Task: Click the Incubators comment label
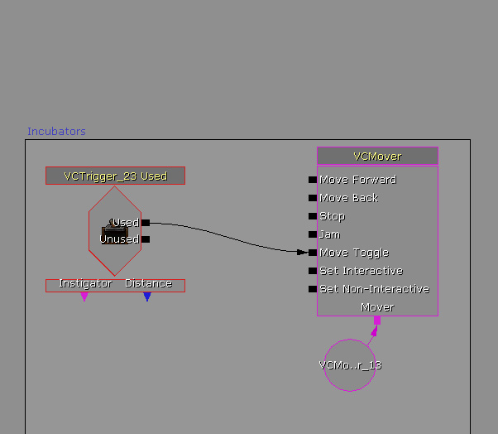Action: click(56, 132)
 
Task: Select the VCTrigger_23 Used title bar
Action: click(115, 176)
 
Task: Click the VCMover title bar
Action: click(377, 156)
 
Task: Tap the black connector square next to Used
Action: click(146, 222)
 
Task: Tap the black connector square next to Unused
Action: click(146, 239)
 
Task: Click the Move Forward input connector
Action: click(313, 180)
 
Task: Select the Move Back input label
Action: click(348, 198)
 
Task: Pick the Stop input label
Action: click(332, 216)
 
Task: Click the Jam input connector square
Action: click(313, 234)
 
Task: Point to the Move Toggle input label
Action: click(353, 253)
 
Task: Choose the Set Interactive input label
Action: click(361, 271)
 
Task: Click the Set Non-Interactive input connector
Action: click(313, 289)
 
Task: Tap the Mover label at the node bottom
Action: click(377, 307)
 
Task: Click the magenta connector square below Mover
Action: click(377, 321)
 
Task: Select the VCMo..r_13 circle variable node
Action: click(350, 364)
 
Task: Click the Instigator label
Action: click(85, 283)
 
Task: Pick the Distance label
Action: click(148, 283)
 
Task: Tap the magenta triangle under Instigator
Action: click(84, 297)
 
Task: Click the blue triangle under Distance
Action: click(147, 297)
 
